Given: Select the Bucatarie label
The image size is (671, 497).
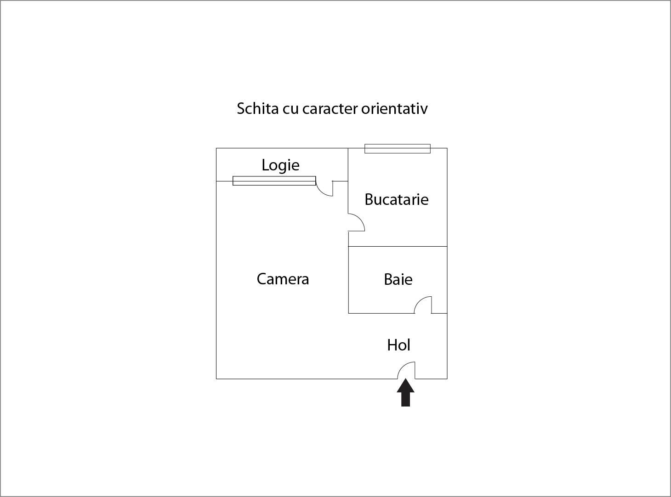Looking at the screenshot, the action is [396, 199].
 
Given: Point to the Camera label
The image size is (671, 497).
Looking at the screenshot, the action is [283, 279].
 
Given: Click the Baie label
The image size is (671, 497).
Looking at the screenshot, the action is [398, 279].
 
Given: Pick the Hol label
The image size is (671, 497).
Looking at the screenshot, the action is [399, 345].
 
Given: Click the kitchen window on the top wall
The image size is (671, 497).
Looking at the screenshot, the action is [397, 148].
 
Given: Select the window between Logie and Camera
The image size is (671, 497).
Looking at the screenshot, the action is [274, 181].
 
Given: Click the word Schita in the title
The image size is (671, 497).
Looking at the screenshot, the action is [257, 108].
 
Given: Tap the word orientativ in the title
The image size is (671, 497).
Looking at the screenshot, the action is [394, 108].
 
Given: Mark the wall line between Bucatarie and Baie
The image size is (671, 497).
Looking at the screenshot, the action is [398, 247].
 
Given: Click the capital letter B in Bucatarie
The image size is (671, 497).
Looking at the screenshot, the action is [370, 199].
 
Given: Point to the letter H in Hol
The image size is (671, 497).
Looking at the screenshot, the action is [392, 345].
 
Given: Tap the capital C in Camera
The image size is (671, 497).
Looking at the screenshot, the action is [262, 279].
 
